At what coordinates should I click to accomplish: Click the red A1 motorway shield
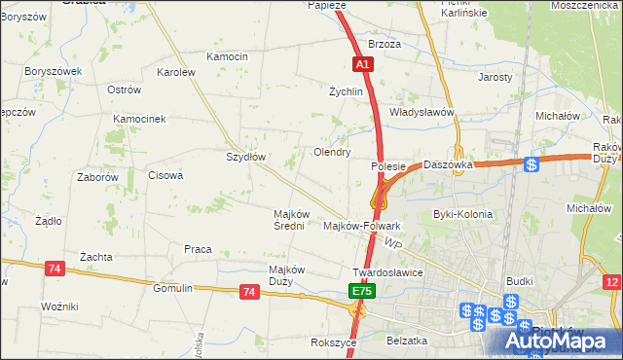pyautogui.click(x=361, y=63)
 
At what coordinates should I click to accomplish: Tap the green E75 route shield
pyautogui.click(x=361, y=291)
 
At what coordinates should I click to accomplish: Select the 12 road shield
pyautogui.click(x=611, y=282)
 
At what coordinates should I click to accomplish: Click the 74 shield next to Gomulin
pyautogui.click(x=249, y=291)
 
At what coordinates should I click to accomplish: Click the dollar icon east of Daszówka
pyautogui.click(x=531, y=164)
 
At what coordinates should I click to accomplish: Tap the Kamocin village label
pyautogui.click(x=228, y=56)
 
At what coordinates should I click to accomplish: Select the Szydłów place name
pyautogui.click(x=246, y=156)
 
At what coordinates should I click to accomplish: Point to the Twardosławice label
pyautogui.click(x=387, y=272)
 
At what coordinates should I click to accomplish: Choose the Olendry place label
pyautogui.click(x=332, y=153)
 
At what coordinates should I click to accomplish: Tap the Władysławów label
pyautogui.click(x=422, y=112)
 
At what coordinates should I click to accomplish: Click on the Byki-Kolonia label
pyautogui.click(x=462, y=214)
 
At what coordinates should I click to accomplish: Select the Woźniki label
pyautogui.click(x=59, y=306)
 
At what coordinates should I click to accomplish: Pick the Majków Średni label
pyautogui.click(x=292, y=220)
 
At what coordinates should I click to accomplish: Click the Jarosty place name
pyautogui.click(x=495, y=76)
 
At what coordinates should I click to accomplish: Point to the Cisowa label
pyautogui.click(x=165, y=176)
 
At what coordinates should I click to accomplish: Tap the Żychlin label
pyautogui.click(x=346, y=91)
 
